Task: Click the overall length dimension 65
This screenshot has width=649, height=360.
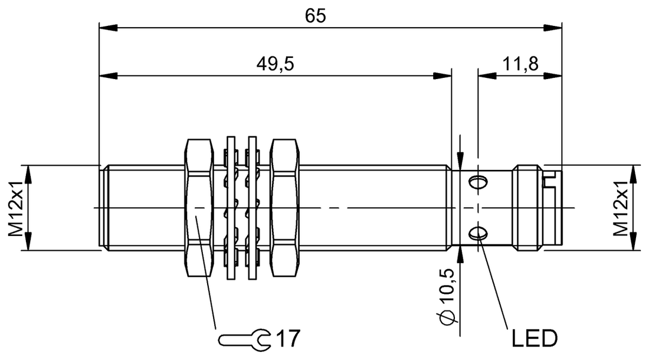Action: coord(316,16)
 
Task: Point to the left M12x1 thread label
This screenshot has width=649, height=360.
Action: coord(16,207)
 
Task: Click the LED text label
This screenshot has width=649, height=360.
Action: coord(533,338)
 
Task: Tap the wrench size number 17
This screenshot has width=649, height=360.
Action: coord(287,339)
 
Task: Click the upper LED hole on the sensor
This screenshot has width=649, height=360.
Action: coord(478,180)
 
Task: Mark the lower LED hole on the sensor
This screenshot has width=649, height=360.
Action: coord(478,234)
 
